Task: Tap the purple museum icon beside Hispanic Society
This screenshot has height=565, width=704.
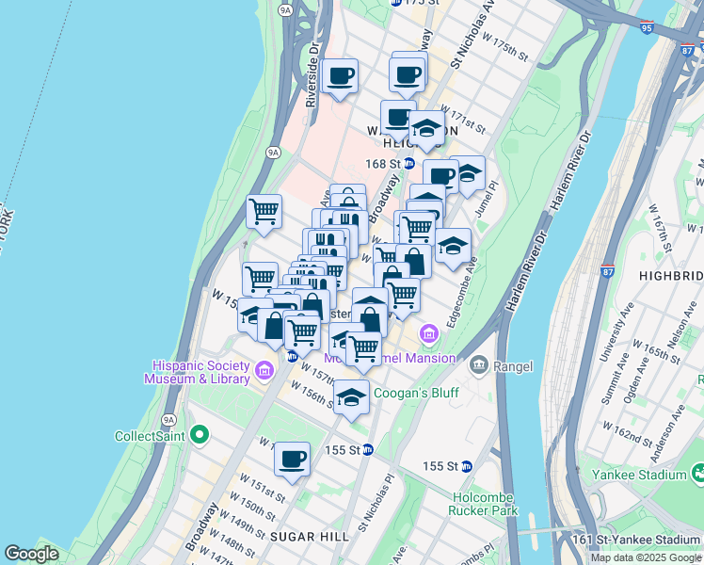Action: tap(264, 370)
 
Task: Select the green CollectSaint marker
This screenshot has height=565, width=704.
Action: tap(199, 435)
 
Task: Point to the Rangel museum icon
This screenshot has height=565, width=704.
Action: tap(479, 365)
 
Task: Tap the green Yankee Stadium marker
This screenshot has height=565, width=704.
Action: tap(697, 471)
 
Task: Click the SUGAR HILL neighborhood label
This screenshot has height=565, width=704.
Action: tap(310, 536)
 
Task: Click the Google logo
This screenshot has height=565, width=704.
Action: tap(31, 554)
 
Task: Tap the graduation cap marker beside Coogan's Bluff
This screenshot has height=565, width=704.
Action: tap(351, 397)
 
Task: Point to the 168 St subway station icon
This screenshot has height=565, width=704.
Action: tap(409, 163)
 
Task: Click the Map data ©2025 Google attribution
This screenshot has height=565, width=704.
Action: tap(645, 557)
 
